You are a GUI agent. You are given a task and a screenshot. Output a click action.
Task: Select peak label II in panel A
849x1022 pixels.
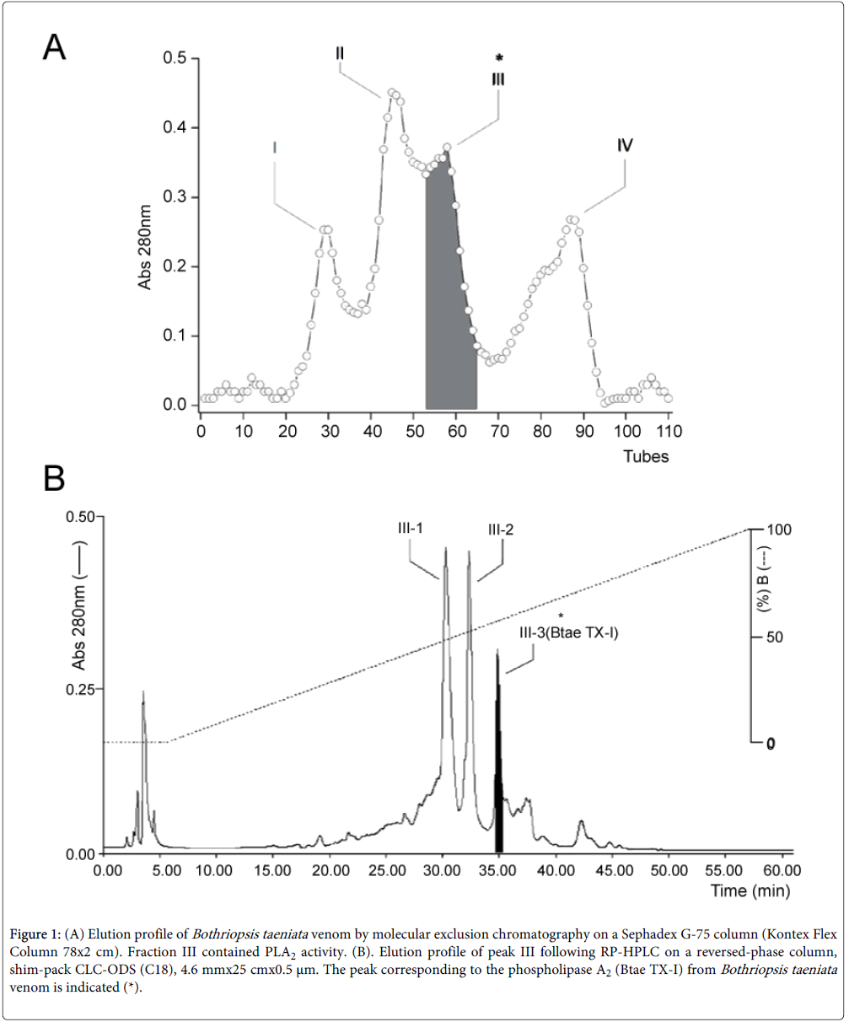[339, 52]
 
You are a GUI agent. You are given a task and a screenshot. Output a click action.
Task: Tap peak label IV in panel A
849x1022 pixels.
[625, 145]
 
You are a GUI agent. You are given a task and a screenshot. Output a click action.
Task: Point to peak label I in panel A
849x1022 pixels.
[274, 147]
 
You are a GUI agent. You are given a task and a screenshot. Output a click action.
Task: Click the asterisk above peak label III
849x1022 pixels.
[498, 58]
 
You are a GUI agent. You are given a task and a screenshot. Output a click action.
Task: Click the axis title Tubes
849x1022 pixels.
[647, 456]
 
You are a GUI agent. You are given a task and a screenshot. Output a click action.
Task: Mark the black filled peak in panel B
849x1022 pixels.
[498, 759]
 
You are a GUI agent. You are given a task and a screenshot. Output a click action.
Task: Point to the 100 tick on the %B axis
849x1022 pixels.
[777, 530]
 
